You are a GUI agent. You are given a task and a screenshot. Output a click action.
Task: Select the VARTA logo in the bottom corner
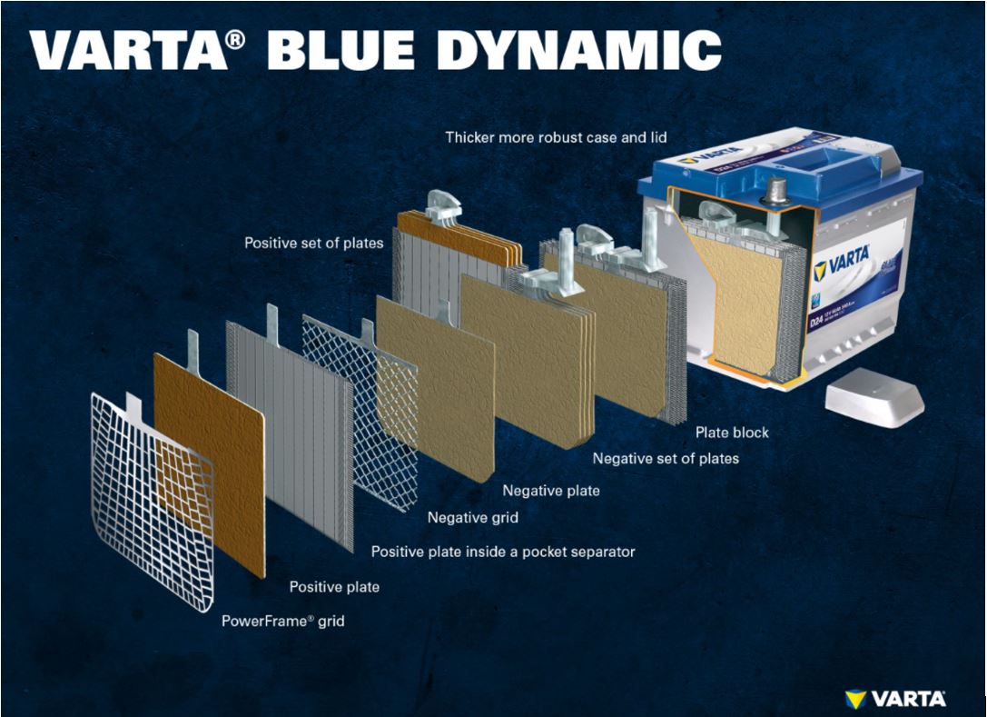click(x=895, y=698)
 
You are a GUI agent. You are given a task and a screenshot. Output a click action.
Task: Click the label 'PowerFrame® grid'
click(x=283, y=622)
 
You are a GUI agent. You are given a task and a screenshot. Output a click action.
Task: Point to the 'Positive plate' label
click(x=334, y=587)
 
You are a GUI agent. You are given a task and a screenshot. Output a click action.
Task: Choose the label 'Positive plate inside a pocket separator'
click(x=503, y=552)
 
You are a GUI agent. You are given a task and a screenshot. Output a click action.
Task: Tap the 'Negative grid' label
click(x=473, y=518)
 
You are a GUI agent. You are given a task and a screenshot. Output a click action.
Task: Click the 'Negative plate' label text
click(x=551, y=491)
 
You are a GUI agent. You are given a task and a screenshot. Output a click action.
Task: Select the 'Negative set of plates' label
click(x=666, y=459)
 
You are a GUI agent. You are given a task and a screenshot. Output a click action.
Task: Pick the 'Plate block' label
click(x=732, y=433)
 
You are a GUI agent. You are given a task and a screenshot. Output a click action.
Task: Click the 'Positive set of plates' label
click(x=313, y=244)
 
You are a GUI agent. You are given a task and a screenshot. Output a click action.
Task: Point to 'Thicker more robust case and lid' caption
click(x=556, y=138)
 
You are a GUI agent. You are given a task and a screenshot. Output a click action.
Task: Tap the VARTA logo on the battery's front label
click(x=842, y=265)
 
